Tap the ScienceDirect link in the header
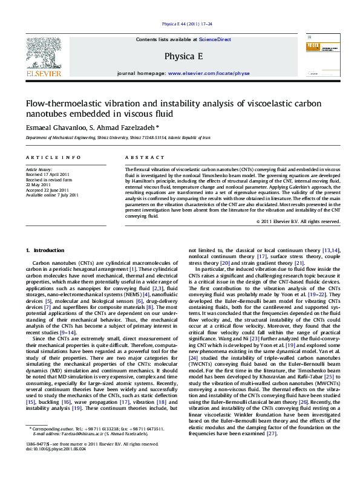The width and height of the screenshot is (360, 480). coord(215,39)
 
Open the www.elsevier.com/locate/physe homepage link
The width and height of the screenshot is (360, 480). coord(209,73)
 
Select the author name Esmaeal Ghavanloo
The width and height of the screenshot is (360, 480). coord(54,128)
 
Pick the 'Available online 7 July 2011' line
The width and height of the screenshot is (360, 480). coord(52,195)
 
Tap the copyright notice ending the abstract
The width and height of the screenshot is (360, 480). coord(298,222)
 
